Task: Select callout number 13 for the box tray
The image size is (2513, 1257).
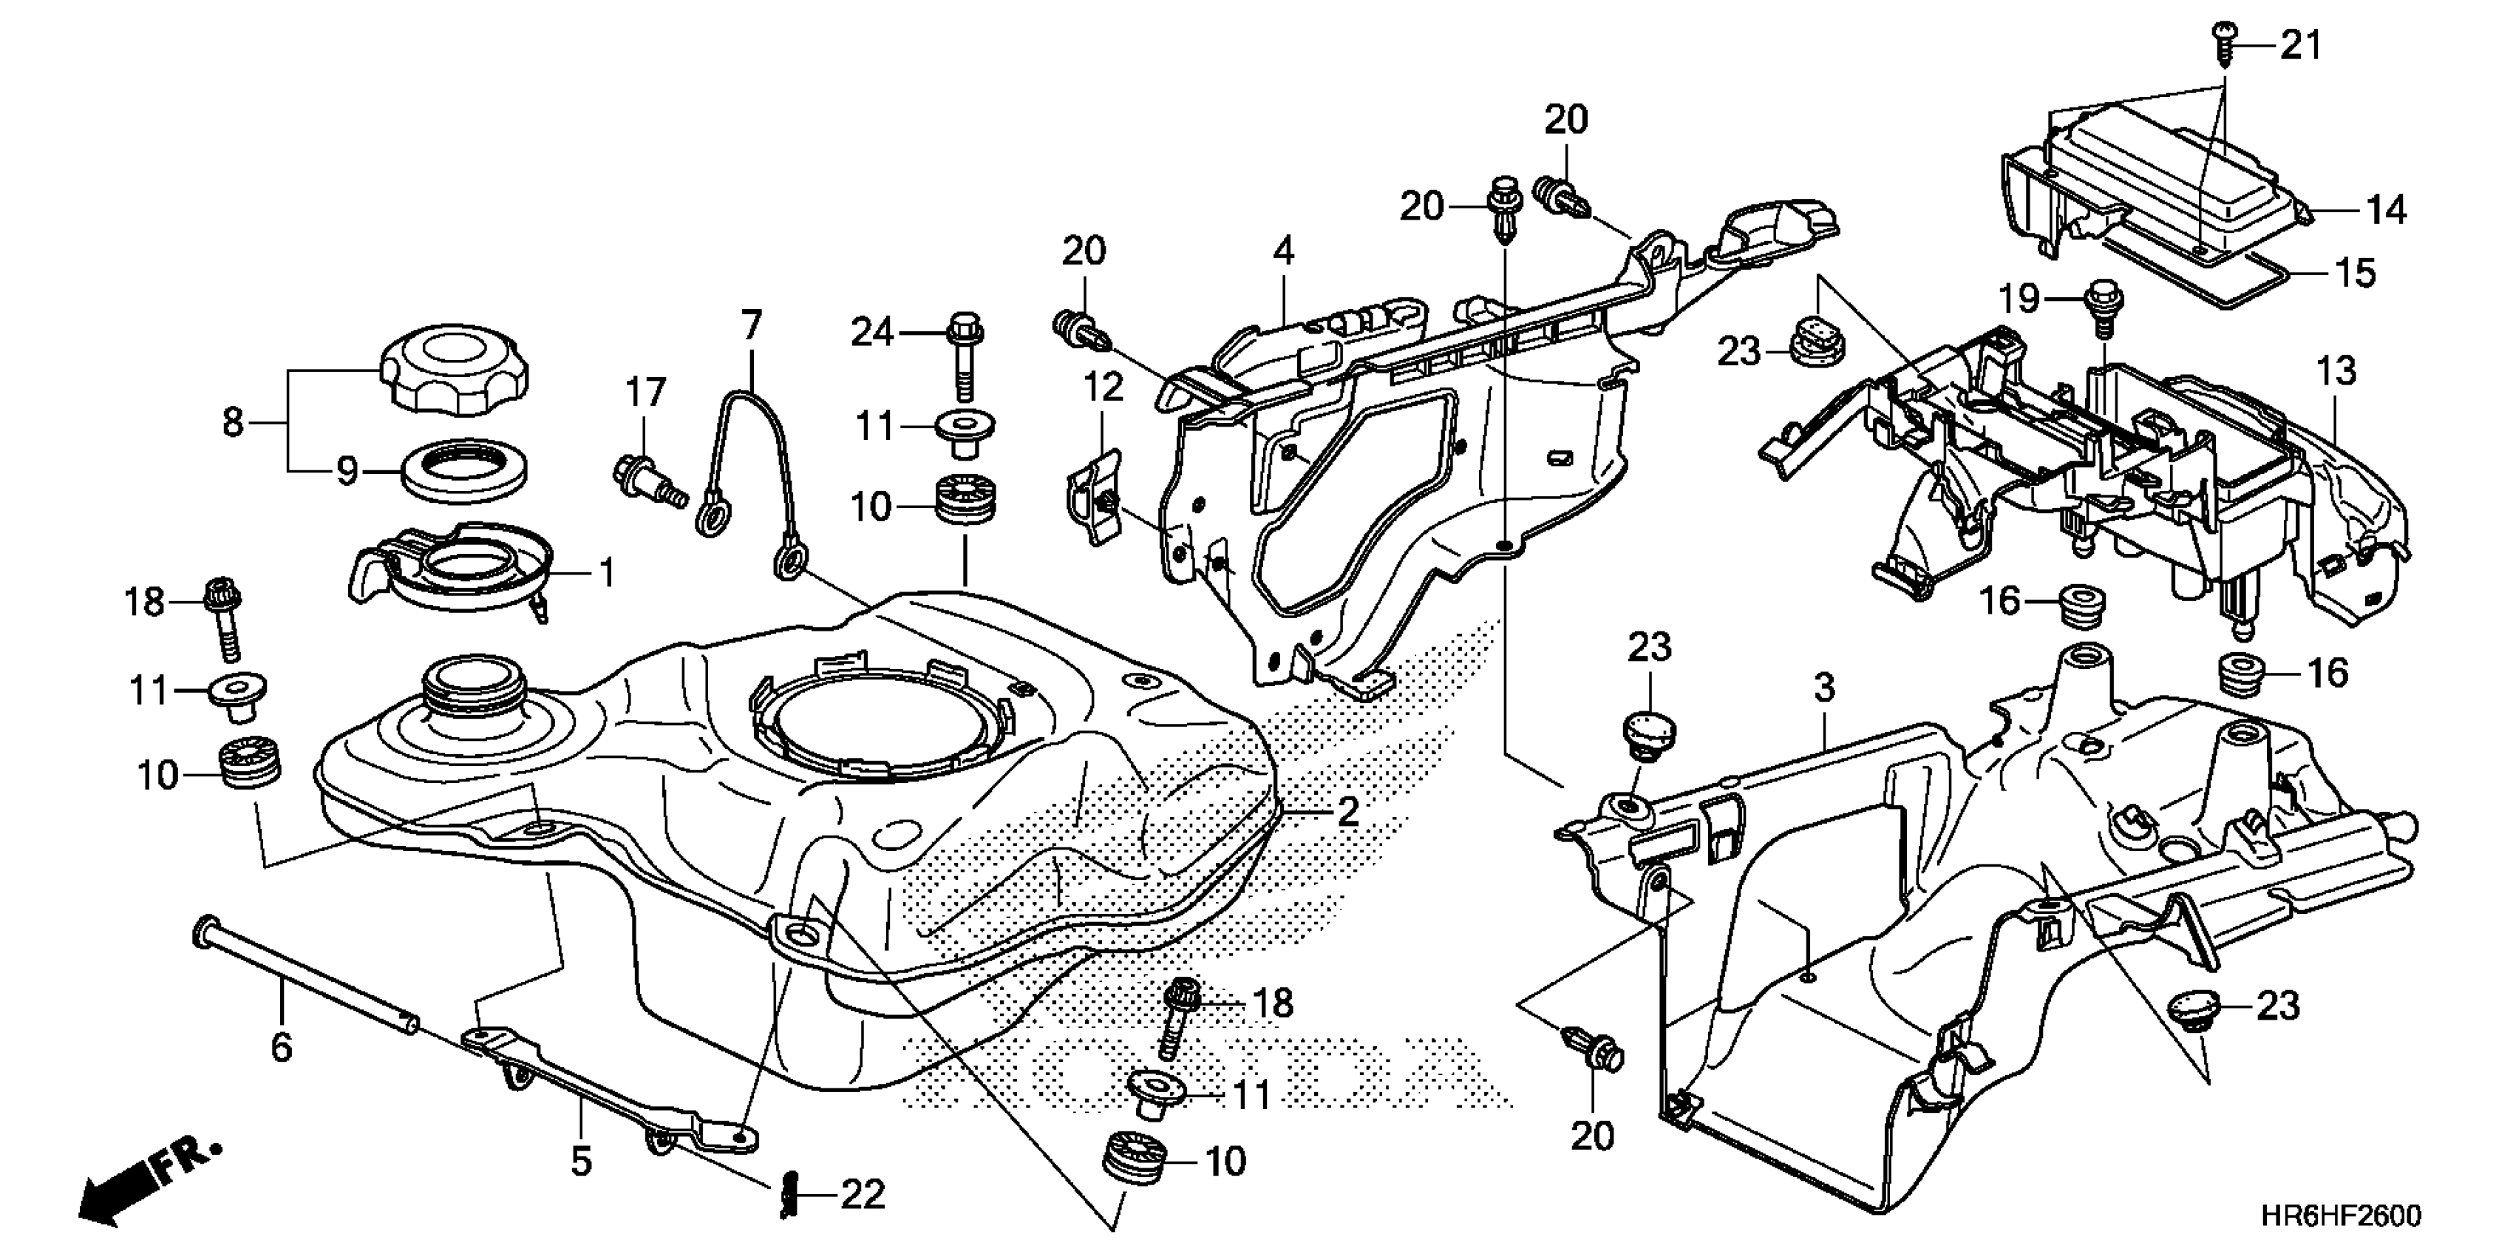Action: click(x=2336, y=371)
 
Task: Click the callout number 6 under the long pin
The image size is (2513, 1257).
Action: click(x=281, y=1048)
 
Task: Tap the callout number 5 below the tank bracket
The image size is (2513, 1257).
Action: click(x=582, y=1162)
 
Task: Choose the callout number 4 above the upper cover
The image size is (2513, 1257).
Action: click(x=1284, y=252)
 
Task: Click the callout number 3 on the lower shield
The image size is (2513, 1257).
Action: click(x=1824, y=688)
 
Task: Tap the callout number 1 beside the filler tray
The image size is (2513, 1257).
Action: click(x=607, y=573)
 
